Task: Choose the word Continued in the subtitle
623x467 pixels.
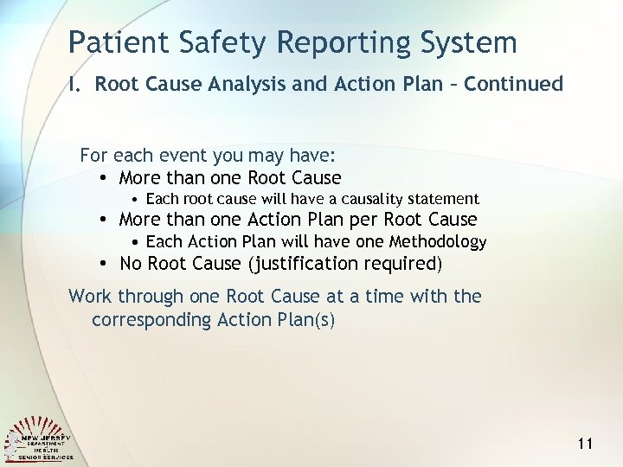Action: (x=516, y=84)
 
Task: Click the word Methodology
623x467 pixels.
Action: (x=438, y=242)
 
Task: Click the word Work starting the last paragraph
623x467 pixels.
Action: (x=90, y=297)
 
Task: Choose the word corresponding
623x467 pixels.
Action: (x=151, y=320)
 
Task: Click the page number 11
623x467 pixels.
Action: (x=584, y=444)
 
